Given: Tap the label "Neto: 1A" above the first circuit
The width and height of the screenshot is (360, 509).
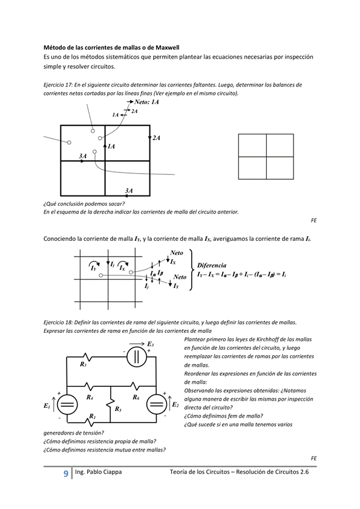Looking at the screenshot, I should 143,103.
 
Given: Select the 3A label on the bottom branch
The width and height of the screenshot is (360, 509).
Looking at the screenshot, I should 129,191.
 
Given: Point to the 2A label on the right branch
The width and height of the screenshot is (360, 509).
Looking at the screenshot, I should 156,139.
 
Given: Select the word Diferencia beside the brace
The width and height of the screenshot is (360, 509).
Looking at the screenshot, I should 212,265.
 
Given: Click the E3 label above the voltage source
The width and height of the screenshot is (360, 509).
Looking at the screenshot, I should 150,344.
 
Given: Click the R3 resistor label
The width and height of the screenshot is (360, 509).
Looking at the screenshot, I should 83,364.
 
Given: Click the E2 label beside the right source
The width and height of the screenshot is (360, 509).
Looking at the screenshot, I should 175,404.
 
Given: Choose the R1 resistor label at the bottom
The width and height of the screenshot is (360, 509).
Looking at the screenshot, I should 92,416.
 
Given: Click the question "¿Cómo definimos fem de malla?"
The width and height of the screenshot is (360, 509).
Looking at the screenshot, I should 222,416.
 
